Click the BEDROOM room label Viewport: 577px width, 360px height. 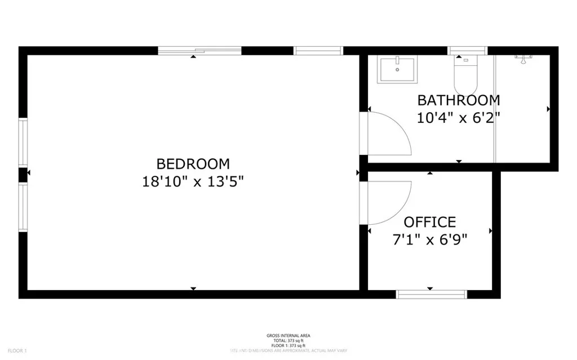point(193,164)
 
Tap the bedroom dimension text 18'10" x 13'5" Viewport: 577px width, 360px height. point(193,182)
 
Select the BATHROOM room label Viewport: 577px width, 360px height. point(458,100)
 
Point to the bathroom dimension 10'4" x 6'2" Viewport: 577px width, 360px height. point(458,118)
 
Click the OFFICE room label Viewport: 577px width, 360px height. point(429,222)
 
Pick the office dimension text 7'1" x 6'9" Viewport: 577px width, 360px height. point(429,240)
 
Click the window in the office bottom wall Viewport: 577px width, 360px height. point(432,294)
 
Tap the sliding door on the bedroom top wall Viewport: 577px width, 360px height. point(199,51)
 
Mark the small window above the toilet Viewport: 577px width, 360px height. point(467,50)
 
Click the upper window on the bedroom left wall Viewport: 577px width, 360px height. point(23,142)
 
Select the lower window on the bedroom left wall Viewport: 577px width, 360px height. point(23,207)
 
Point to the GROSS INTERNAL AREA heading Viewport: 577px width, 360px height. point(288,336)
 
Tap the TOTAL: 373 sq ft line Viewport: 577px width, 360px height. point(288,341)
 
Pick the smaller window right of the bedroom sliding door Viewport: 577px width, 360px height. point(318,51)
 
